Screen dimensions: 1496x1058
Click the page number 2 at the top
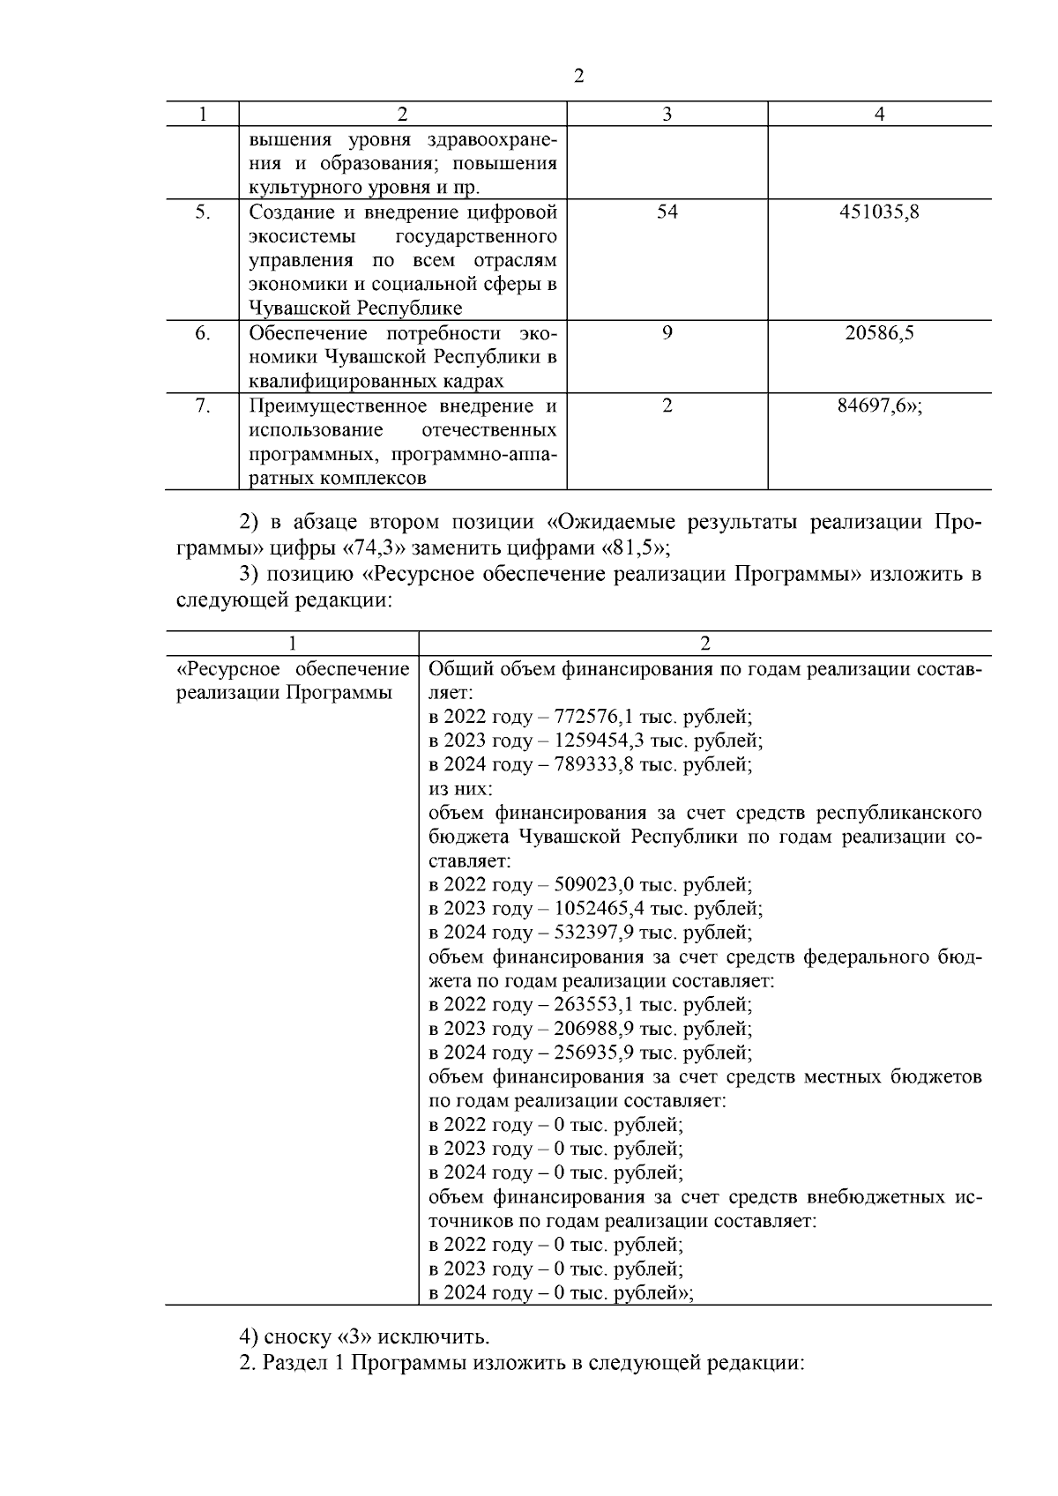pyautogui.click(x=578, y=76)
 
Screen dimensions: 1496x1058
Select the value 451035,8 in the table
pyautogui.click(x=879, y=212)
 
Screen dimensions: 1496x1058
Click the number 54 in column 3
pyautogui.click(x=667, y=212)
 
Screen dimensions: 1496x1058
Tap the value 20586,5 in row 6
pyautogui.click(x=879, y=332)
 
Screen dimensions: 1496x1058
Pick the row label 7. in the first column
pyautogui.click(x=203, y=406)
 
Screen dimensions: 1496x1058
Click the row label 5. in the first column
pyautogui.click(x=203, y=212)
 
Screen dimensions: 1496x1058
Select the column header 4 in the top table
pyautogui.click(x=879, y=114)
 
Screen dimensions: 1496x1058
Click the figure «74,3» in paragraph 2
pyautogui.click(x=374, y=547)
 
